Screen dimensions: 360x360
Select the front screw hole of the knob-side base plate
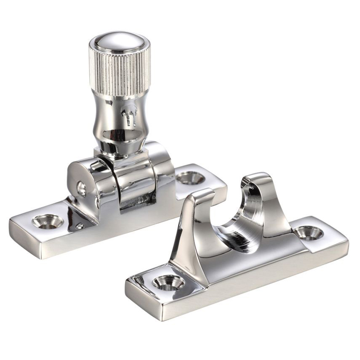pyautogui.click(x=48, y=221)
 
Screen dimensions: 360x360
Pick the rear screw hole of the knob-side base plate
pyautogui.click(x=191, y=177)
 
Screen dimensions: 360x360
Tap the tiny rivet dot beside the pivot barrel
pyautogui.click(x=80, y=226)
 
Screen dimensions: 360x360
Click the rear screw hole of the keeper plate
pyautogui.click(x=309, y=233)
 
